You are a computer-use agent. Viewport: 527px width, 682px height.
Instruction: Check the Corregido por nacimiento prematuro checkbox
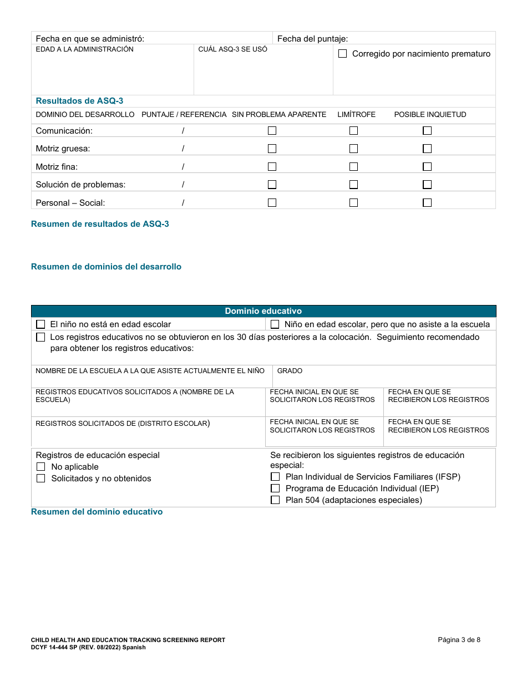pos(342,54)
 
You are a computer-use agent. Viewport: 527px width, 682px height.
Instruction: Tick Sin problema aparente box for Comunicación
pos(272,131)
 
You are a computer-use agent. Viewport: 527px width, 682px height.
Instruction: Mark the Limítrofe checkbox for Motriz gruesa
pos(353,149)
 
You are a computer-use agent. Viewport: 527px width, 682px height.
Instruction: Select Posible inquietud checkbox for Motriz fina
pos(427,167)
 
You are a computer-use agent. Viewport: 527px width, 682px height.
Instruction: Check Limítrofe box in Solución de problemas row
pos(353,185)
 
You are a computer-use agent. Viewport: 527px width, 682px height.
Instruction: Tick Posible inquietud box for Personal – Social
pos(427,203)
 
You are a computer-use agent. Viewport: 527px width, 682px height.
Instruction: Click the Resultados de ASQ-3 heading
pos(79,101)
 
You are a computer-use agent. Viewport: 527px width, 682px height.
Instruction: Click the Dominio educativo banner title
pos(263,311)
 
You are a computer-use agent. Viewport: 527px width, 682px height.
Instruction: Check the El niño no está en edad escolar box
pos(40,324)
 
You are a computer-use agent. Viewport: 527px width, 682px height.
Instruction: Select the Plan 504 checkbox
pos(275,500)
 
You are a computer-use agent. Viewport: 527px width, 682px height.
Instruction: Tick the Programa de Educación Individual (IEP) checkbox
pos(275,488)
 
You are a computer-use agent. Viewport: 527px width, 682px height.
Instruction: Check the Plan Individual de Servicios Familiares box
pos(275,477)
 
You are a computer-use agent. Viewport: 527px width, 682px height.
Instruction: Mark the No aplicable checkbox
pos(40,467)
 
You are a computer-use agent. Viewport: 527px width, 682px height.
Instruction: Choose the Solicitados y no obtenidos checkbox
pos(40,479)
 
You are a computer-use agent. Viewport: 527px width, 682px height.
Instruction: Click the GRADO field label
pos(290,371)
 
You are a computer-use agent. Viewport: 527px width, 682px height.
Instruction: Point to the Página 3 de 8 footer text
pos(459,640)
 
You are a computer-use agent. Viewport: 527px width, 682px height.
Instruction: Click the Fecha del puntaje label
pos(312,39)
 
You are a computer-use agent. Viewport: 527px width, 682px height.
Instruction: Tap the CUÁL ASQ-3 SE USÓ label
pos(232,49)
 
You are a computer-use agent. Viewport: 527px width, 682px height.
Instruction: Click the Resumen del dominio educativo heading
pos(97,512)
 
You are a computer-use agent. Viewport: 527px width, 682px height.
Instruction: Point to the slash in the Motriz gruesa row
pos(183,149)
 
